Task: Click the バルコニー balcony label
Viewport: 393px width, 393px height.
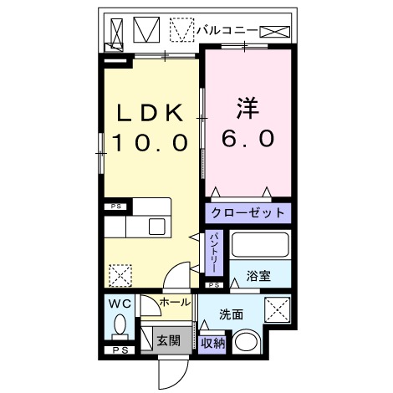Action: [225, 29]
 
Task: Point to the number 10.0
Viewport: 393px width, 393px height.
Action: [148, 143]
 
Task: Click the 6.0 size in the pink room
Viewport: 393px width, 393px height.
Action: [248, 140]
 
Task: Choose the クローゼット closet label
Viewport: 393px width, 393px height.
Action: [248, 213]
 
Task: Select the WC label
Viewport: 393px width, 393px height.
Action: [117, 304]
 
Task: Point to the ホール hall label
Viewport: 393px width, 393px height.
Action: [174, 302]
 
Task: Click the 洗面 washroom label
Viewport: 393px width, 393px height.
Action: [232, 314]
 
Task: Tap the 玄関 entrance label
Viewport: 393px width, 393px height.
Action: [168, 340]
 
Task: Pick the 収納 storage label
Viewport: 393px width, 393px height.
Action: [212, 342]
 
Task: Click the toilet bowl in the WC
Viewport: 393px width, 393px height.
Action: [120, 324]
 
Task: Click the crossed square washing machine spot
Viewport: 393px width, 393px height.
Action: [277, 309]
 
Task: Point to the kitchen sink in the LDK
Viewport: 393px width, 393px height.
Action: [156, 226]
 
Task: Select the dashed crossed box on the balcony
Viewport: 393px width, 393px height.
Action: [181, 31]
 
